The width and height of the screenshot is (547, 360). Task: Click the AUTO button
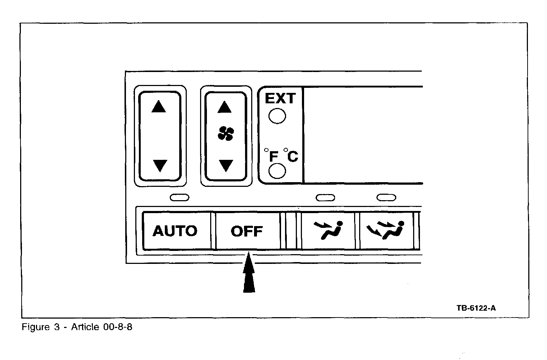pos(175,231)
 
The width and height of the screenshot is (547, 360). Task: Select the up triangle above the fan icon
pos(225,107)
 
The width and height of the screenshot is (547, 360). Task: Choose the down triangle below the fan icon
pos(226,166)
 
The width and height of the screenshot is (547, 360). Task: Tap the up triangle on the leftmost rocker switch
pos(159,107)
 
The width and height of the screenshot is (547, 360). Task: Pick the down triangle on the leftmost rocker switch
pos(160,166)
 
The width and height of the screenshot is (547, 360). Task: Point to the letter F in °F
pos(273,157)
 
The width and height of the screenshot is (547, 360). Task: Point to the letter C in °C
pos(293,157)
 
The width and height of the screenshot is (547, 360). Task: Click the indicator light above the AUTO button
pos(179,197)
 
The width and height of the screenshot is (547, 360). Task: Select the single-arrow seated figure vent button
pos(328,231)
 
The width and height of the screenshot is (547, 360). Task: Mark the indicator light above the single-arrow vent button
pos(325,198)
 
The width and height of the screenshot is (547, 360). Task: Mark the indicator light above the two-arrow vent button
pos(386,198)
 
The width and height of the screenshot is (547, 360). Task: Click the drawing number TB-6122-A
pos(476,308)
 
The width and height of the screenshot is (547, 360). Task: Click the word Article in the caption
pos(85,327)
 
